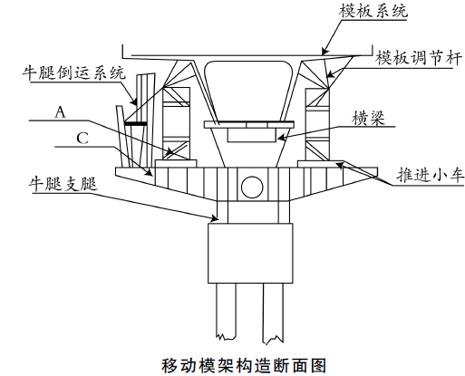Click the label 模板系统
pyautogui.click(x=373, y=11)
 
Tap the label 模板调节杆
pyautogui.click(x=419, y=57)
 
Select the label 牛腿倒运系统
pyautogui.click(x=73, y=73)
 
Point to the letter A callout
pyautogui.click(x=61, y=112)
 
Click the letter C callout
pyautogui.click(x=82, y=139)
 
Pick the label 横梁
pyautogui.click(x=368, y=118)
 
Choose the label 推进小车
pyautogui.click(x=431, y=175)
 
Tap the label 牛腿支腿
pyautogui.click(x=63, y=184)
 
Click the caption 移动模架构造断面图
pyautogui.click(x=244, y=366)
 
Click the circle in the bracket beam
pyautogui.click(x=252, y=187)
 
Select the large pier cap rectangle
pyautogui.click(x=250, y=253)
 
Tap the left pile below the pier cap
pyautogui.click(x=226, y=311)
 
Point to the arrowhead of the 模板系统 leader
pyautogui.click(x=325, y=51)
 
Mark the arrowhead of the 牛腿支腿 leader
pyautogui.click(x=214, y=217)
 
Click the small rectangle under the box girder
pyautogui.click(x=251, y=135)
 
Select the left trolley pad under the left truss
pyautogui.click(x=176, y=163)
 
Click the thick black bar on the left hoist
pyautogui.click(x=136, y=124)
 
